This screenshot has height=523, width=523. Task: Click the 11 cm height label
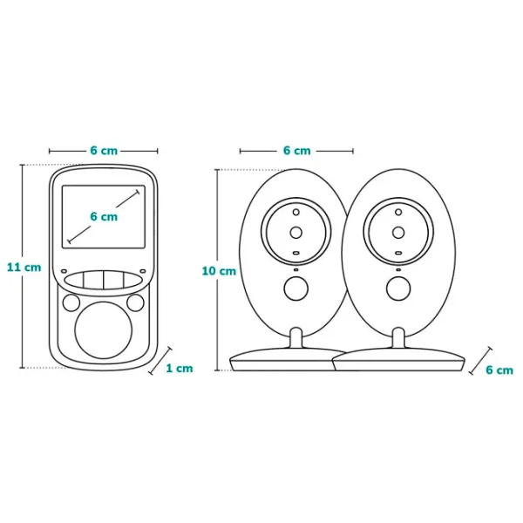[24, 267]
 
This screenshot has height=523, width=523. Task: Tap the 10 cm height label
[219, 270]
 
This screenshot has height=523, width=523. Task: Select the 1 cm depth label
[180, 368]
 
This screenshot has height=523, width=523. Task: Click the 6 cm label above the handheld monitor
[103, 150]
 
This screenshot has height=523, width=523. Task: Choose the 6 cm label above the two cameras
[296, 150]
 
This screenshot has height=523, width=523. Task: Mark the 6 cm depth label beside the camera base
[499, 370]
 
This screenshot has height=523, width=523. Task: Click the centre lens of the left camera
[295, 232]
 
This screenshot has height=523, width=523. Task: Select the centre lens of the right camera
[398, 232]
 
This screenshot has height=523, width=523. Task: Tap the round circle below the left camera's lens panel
[295, 288]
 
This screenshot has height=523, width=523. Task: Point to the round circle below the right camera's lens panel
[398, 288]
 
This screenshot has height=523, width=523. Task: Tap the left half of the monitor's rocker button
[87, 279]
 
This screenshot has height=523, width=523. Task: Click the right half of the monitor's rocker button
[119, 279]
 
